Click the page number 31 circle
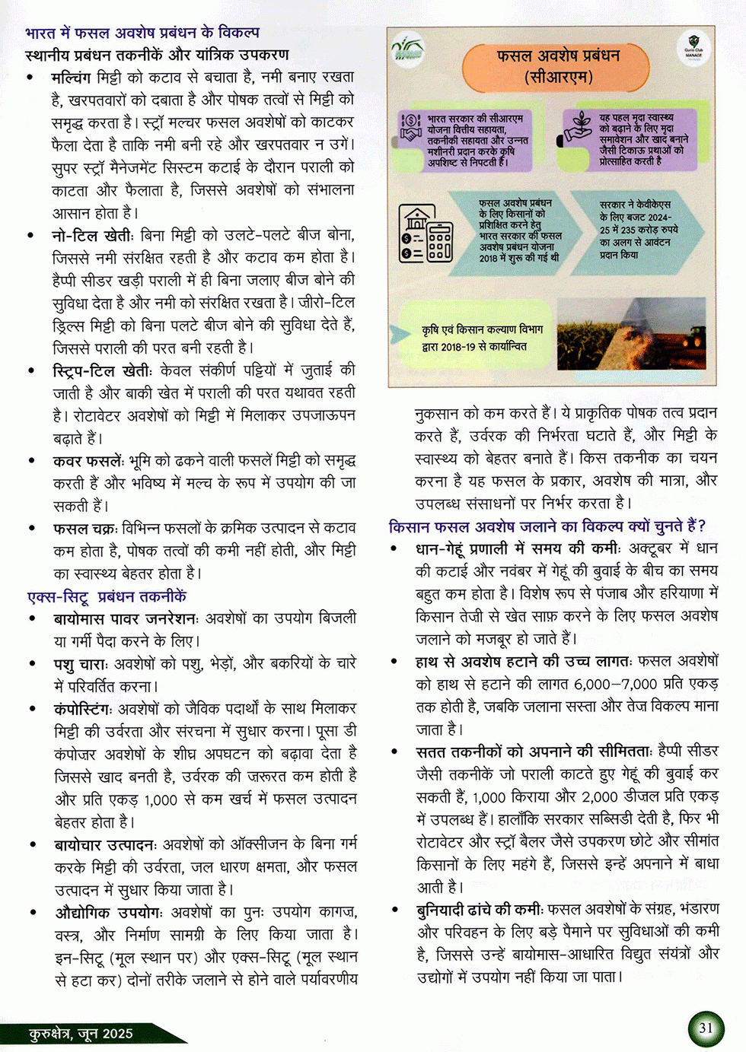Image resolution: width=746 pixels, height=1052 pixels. point(706,1028)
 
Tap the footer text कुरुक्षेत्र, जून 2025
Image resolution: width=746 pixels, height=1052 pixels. point(81,1033)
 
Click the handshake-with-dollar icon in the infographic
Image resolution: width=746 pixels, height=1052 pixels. point(411,127)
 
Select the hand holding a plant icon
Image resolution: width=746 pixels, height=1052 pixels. point(579,129)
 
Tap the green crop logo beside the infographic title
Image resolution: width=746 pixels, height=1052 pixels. point(409,50)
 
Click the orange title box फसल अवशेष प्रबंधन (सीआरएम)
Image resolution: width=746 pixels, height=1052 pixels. point(558,66)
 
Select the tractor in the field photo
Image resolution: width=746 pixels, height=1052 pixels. point(695,335)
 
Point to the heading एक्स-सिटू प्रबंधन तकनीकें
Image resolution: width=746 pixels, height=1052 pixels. point(107,596)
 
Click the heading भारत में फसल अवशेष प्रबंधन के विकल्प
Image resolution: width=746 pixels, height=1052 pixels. point(142,33)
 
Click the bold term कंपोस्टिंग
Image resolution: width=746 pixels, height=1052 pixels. point(83,709)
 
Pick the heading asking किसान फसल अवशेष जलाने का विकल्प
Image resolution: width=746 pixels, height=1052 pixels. point(547,526)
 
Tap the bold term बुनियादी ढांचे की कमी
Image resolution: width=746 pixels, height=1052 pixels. point(479,909)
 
